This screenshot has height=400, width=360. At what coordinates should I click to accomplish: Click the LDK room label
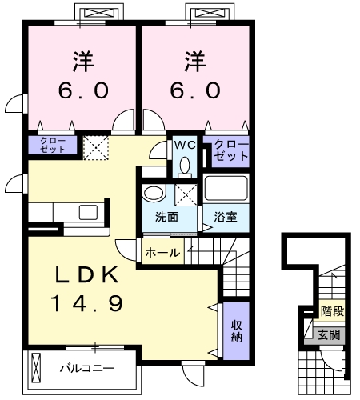87,275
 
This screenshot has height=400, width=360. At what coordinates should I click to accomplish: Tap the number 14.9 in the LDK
87,303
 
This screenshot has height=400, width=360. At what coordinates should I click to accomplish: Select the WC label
186,146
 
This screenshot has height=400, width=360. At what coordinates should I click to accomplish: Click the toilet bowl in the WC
186,166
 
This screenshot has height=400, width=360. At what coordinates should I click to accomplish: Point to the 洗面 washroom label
166,217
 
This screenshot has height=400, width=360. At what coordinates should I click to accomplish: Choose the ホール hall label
162,252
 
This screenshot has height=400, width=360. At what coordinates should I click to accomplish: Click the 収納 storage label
237,331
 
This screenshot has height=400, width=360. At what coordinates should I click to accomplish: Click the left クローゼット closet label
54,145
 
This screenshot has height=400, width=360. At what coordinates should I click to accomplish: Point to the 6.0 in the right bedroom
194,90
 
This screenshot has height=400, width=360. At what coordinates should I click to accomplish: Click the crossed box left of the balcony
36,369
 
